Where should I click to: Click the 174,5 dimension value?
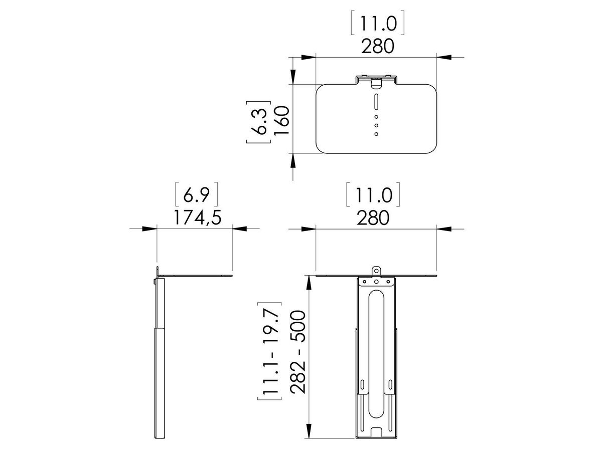point(195,217)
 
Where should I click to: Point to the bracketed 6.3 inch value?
point(259,122)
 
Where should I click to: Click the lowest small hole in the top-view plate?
point(376,134)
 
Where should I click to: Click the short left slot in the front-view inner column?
point(362,384)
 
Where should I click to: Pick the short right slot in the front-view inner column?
point(390,384)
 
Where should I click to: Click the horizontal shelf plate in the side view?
point(196,276)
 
